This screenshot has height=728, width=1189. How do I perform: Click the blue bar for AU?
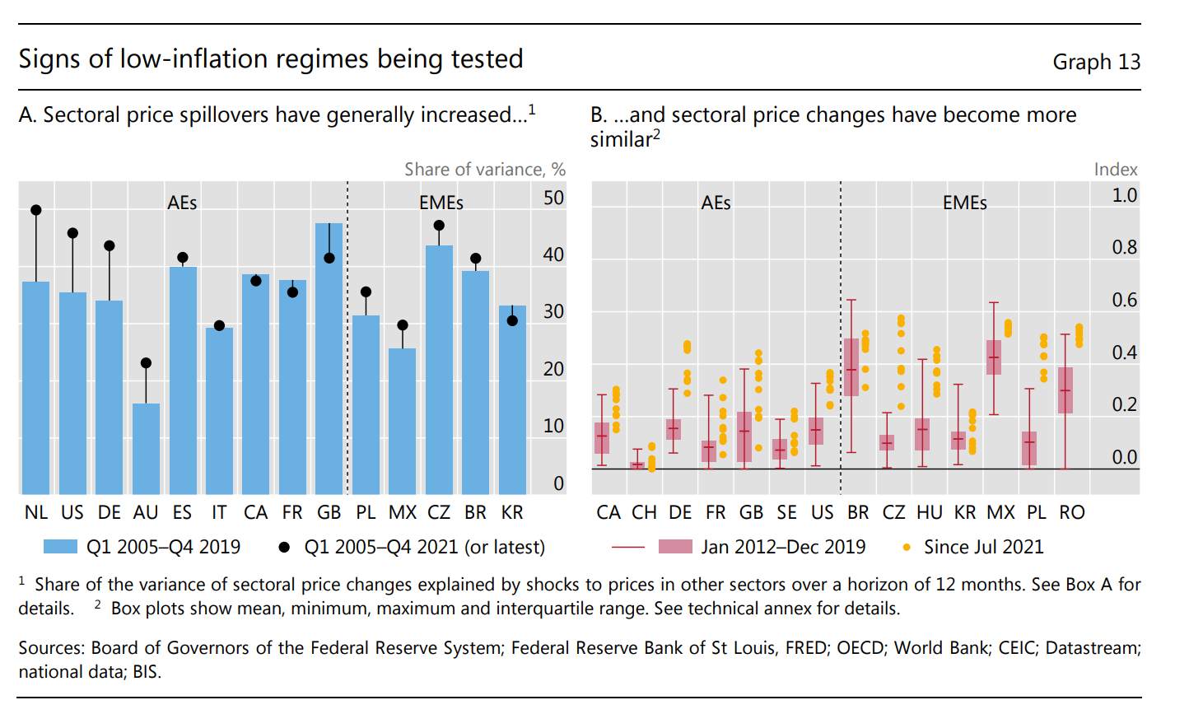click(146, 449)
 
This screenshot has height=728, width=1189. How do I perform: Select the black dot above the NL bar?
click(36, 210)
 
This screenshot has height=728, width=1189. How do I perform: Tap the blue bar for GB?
click(329, 358)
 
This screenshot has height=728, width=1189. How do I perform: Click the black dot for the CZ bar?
click(439, 226)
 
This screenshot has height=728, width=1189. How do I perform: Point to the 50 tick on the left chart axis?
click(553, 198)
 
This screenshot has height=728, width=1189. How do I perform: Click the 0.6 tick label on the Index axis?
click(1124, 300)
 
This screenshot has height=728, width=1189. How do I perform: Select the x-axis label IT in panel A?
click(219, 512)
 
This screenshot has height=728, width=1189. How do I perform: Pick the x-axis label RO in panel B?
click(1071, 512)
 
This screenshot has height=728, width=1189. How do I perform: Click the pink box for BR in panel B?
click(851, 367)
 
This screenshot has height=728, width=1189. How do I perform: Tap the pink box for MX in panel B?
click(994, 357)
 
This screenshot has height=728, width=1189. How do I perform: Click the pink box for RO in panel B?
click(1065, 390)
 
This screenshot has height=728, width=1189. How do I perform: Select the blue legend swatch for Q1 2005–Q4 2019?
click(60, 547)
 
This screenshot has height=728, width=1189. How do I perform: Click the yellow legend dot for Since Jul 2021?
click(907, 547)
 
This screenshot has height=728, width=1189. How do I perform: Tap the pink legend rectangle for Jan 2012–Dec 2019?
click(675, 547)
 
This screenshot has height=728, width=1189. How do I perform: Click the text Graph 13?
click(1096, 62)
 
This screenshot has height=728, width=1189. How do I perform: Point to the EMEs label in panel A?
click(441, 203)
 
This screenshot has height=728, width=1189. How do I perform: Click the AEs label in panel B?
click(716, 203)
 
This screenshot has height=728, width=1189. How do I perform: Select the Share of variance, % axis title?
click(484, 169)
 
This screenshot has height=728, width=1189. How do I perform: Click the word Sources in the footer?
click(51, 648)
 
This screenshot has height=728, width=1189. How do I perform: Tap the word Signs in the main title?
click(49, 59)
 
